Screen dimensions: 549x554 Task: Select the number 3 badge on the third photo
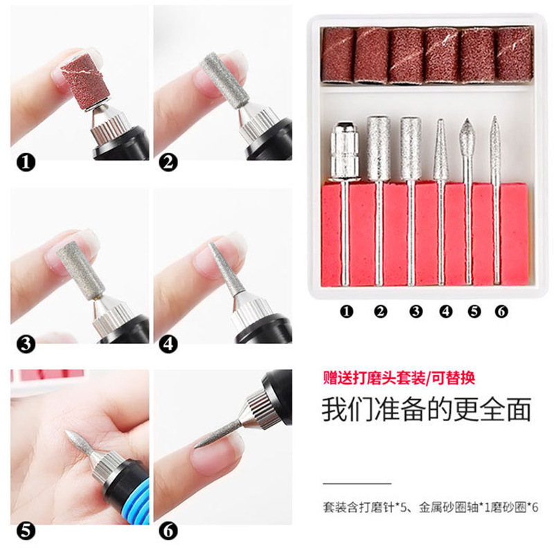click(26, 342)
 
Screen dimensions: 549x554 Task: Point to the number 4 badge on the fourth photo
click(168, 342)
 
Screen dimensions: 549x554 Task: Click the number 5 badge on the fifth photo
click(26, 531)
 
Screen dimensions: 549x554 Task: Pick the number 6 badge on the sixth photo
click(168, 531)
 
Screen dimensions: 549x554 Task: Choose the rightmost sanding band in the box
click(513, 55)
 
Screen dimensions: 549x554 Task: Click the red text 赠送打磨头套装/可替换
click(399, 379)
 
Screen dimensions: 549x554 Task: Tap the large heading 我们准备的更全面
click(426, 410)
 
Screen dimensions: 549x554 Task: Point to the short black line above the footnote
click(357, 483)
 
